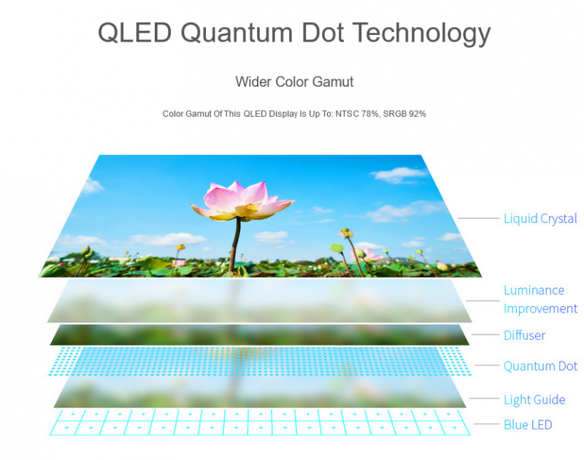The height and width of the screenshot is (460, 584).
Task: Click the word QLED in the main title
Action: coord(134,33)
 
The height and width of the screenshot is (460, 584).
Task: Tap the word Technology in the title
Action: coord(422,34)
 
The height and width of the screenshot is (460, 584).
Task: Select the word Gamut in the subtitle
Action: coord(333,82)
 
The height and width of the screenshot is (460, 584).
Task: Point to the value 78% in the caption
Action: coord(370,114)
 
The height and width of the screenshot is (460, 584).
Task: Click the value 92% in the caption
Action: coord(417,114)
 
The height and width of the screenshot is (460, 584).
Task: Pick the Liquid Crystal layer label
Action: coord(540,219)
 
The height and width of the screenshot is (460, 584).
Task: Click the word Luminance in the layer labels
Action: coord(534,290)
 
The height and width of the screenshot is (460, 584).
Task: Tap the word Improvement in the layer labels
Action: coord(540,308)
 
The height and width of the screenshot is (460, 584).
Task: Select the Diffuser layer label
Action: coord(524,335)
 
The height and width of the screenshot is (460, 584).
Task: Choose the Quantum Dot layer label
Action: coord(540,366)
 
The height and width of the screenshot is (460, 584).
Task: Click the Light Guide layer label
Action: coord(534,399)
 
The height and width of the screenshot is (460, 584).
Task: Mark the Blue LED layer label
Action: coord(528,425)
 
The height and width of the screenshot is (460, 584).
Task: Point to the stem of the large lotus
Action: coord(235,246)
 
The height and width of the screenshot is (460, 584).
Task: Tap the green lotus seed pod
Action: coord(337,247)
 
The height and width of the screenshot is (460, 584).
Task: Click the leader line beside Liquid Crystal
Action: coord(478,218)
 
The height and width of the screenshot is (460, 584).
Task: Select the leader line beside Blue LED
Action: coord(486,424)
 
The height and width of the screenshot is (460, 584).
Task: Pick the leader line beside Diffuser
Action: coord(485,335)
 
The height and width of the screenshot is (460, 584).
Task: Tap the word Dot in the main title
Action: coord(323,33)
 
